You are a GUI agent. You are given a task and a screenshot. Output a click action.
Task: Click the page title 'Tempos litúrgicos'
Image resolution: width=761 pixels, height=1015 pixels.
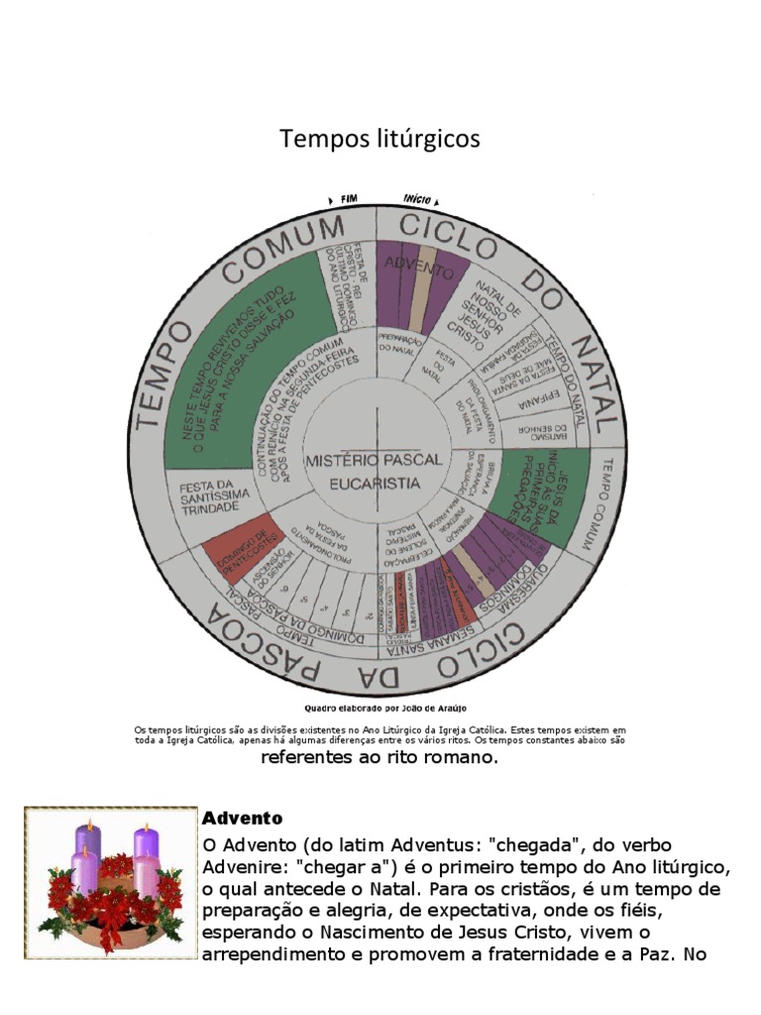[x=380, y=139]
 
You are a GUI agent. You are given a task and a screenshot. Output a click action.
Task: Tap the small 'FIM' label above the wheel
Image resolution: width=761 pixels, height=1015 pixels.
[x=348, y=198]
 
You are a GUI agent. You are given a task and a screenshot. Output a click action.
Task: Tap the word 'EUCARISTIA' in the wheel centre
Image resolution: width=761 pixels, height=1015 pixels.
[x=376, y=484]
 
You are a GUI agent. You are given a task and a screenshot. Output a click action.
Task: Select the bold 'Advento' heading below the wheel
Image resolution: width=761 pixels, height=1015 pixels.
[x=243, y=819]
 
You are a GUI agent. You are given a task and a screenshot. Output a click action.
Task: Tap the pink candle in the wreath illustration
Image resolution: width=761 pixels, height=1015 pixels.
[x=145, y=872]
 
